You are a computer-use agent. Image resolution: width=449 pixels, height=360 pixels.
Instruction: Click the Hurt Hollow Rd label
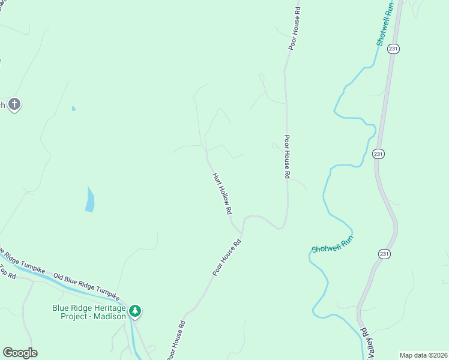tap(221, 194)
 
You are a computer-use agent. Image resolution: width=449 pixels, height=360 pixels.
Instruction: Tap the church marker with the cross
tap(14, 105)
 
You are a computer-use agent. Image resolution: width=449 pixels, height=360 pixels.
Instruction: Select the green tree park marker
tap(136, 311)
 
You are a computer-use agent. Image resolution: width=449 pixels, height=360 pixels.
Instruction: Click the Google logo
tap(20, 353)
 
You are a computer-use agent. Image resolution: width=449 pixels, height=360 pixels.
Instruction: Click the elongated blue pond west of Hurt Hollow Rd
tap(90, 199)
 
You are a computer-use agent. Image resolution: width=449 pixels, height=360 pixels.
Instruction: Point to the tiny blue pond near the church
tap(74, 109)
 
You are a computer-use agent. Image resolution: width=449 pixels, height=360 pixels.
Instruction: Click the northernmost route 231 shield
tap(393, 49)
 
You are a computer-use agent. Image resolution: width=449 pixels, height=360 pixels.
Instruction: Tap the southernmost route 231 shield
tap(384, 254)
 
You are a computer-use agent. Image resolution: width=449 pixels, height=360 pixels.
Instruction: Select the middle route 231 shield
tap(378, 154)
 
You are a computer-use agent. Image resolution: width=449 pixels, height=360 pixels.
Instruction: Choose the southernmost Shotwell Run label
tap(332, 244)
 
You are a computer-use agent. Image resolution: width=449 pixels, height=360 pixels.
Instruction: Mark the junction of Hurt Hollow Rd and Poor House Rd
tap(241, 233)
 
